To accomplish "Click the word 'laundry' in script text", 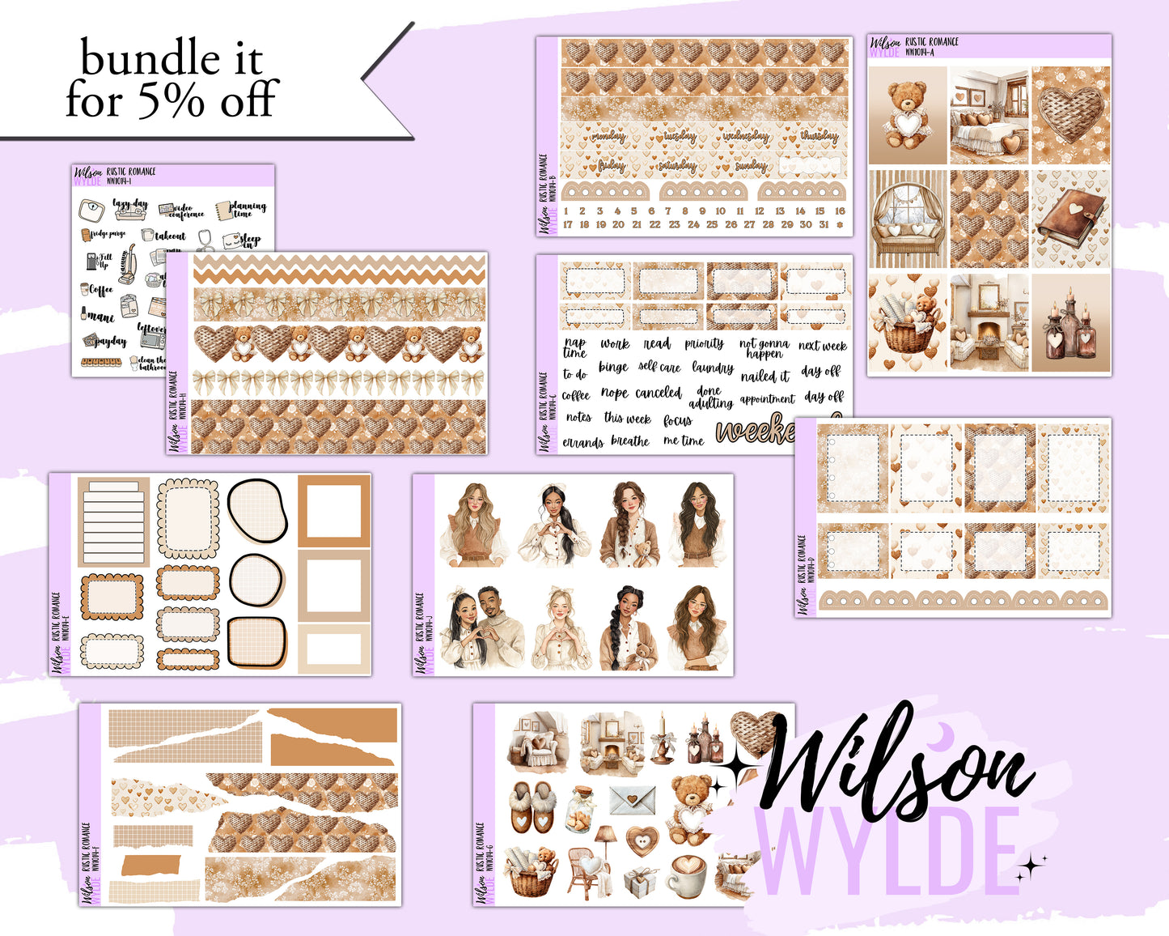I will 712,368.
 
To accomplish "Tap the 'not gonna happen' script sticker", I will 764,348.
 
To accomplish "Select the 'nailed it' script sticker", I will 765,376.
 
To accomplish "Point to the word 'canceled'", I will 658,393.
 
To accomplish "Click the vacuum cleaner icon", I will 127,265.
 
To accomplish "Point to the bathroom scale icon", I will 91,211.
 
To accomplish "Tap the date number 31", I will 824,224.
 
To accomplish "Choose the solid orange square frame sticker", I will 334,511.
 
